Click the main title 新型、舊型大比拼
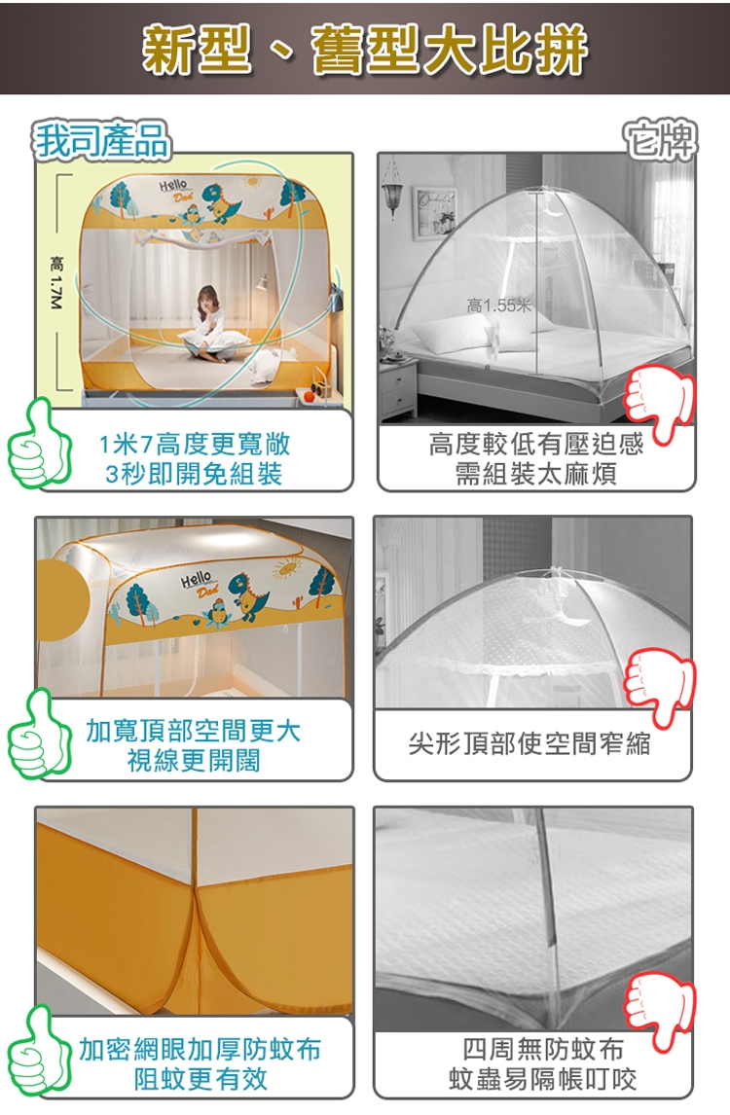tap(365, 50)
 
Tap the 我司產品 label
tap(103, 139)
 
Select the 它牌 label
tap(660, 139)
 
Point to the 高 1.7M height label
tap(56, 283)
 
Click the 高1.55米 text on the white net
tap(498, 306)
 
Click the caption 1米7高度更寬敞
tap(195, 445)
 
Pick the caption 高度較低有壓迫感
tap(535, 445)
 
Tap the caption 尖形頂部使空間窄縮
tap(529, 743)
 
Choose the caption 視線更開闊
tap(194, 760)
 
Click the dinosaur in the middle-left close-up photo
tap(250, 596)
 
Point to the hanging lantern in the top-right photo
tap(390, 189)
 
